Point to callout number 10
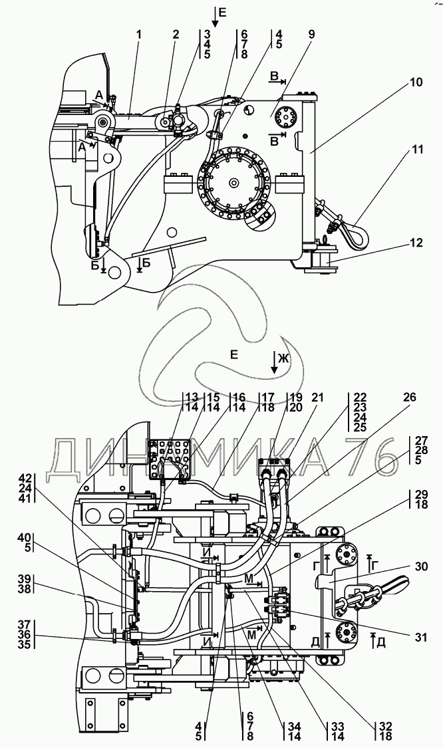[416, 83]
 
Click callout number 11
[416, 151]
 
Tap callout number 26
[410, 398]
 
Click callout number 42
[43, 477]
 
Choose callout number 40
[43, 537]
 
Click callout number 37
[43, 624]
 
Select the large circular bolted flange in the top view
[233, 182]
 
